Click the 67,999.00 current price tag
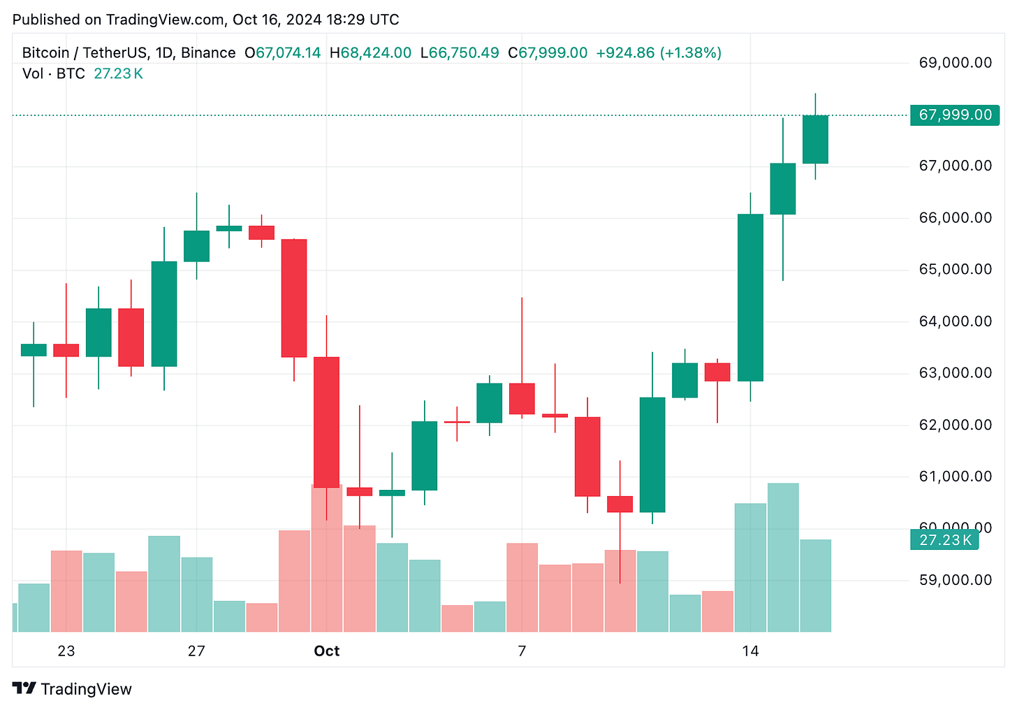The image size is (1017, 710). (x=955, y=115)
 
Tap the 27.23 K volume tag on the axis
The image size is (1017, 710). (x=945, y=539)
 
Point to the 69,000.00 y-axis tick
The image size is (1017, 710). (x=955, y=63)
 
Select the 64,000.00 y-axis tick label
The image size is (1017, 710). (x=955, y=321)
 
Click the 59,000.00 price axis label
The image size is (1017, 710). (x=955, y=580)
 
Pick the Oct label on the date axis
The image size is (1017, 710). (x=326, y=651)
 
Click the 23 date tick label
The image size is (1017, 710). (x=66, y=651)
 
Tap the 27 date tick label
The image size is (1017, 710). (x=196, y=651)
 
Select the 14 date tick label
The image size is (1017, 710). (x=750, y=651)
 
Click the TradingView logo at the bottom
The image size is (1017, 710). (x=73, y=689)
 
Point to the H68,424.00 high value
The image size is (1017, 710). (x=370, y=53)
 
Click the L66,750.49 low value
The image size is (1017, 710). (x=460, y=53)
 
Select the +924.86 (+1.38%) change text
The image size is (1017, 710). (x=658, y=53)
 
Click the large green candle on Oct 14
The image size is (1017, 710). (x=750, y=298)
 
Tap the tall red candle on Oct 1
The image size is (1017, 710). (x=326, y=422)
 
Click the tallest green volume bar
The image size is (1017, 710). (x=783, y=558)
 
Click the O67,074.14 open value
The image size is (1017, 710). (x=282, y=53)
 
